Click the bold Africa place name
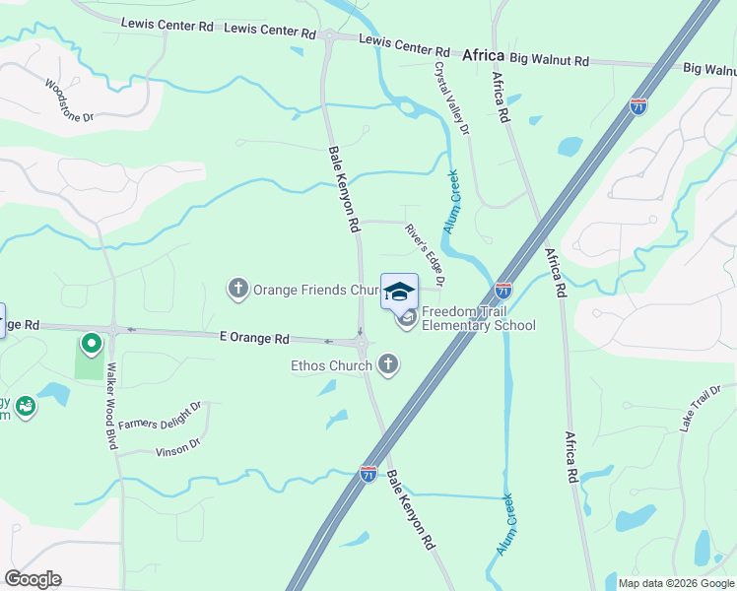pyautogui.click(x=483, y=55)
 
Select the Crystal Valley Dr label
pyautogui.click(x=452, y=98)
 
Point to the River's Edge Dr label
pyautogui.click(x=426, y=255)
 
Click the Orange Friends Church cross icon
pyautogui.click(x=237, y=289)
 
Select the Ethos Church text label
pyautogui.click(x=331, y=366)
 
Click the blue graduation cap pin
pyautogui.click(x=399, y=292)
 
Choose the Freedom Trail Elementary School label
pyautogui.click(x=478, y=319)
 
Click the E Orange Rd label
pyautogui.click(x=254, y=338)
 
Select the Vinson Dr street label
pyautogui.click(x=178, y=448)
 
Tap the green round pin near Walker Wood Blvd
pyautogui.click(x=92, y=343)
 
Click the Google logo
pyautogui.click(x=33, y=579)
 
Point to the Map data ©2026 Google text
pyautogui.click(x=675, y=583)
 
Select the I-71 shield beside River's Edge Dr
pyautogui.click(x=502, y=290)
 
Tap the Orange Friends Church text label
pyautogui.click(x=316, y=290)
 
